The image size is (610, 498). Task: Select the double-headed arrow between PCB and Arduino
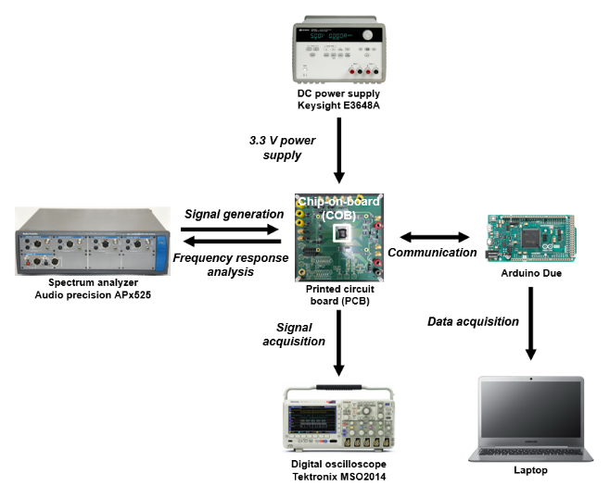click(432, 235)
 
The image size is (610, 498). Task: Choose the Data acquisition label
click(473, 321)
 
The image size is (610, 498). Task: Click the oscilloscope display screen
click(312, 419)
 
